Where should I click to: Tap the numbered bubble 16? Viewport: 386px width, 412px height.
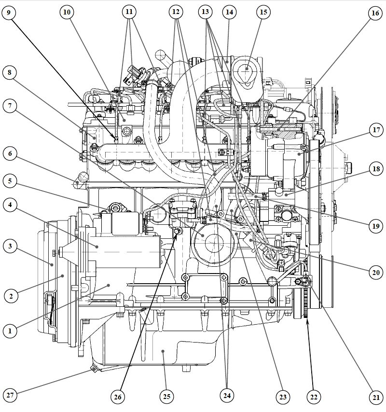point(375,13)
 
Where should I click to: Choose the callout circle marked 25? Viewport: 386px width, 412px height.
point(166,397)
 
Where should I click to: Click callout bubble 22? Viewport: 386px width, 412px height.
point(314,397)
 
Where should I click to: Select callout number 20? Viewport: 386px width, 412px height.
point(375,273)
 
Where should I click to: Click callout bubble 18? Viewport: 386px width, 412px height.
point(375,169)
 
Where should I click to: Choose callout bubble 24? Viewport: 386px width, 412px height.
point(226,396)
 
